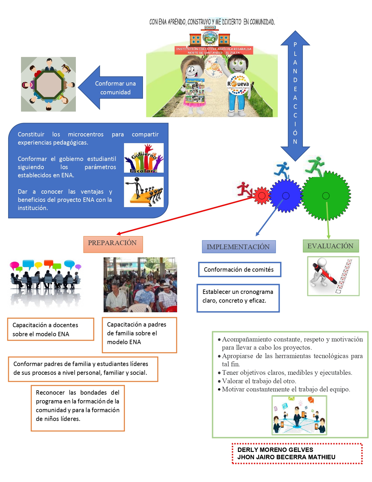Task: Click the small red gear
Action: pos(261,195)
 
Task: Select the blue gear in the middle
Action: pos(286,195)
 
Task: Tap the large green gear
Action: pos(326,195)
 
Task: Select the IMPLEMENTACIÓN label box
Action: pos(238,247)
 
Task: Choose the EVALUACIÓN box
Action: pos(331,246)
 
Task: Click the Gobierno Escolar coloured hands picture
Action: pos(144,158)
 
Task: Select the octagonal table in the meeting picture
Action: pos(49,84)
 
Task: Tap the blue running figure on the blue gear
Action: pos(282,169)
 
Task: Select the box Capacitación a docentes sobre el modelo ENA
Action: pos(50,329)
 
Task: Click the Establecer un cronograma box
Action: pos(238,298)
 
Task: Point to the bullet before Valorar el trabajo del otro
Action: pos(219,381)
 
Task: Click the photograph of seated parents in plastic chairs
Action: pos(140,285)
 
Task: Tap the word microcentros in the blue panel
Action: pos(85,134)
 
